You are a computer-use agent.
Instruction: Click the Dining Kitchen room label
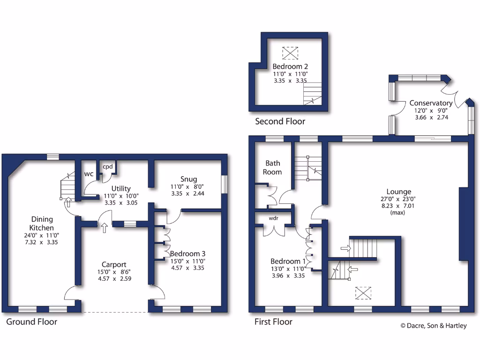[x=42, y=223]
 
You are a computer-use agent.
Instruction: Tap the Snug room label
[x=188, y=179]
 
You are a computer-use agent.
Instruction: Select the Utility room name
[x=121, y=189]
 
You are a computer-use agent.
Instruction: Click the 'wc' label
[x=89, y=174]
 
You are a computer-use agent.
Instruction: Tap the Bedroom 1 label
[x=288, y=261]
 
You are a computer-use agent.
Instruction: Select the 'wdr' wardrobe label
[x=274, y=218]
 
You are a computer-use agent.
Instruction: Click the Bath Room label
[x=273, y=167]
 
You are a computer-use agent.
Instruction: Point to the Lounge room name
[x=398, y=191]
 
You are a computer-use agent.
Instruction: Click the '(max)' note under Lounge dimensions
[x=398, y=212]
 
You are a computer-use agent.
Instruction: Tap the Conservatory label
[x=431, y=103]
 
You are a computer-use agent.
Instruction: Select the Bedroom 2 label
[x=290, y=67]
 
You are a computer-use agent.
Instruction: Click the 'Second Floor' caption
[x=280, y=121]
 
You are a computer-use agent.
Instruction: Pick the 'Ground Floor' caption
[x=32, y=322]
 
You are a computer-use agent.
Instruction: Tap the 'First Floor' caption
[x=273, y=322]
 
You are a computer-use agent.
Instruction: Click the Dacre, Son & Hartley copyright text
[x=433, y=326]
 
